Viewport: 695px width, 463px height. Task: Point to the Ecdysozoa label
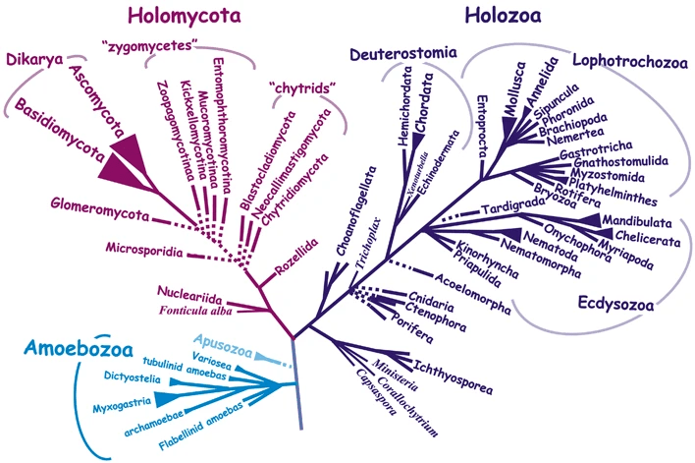[616, 304]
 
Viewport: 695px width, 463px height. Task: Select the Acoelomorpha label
[471, 294]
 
